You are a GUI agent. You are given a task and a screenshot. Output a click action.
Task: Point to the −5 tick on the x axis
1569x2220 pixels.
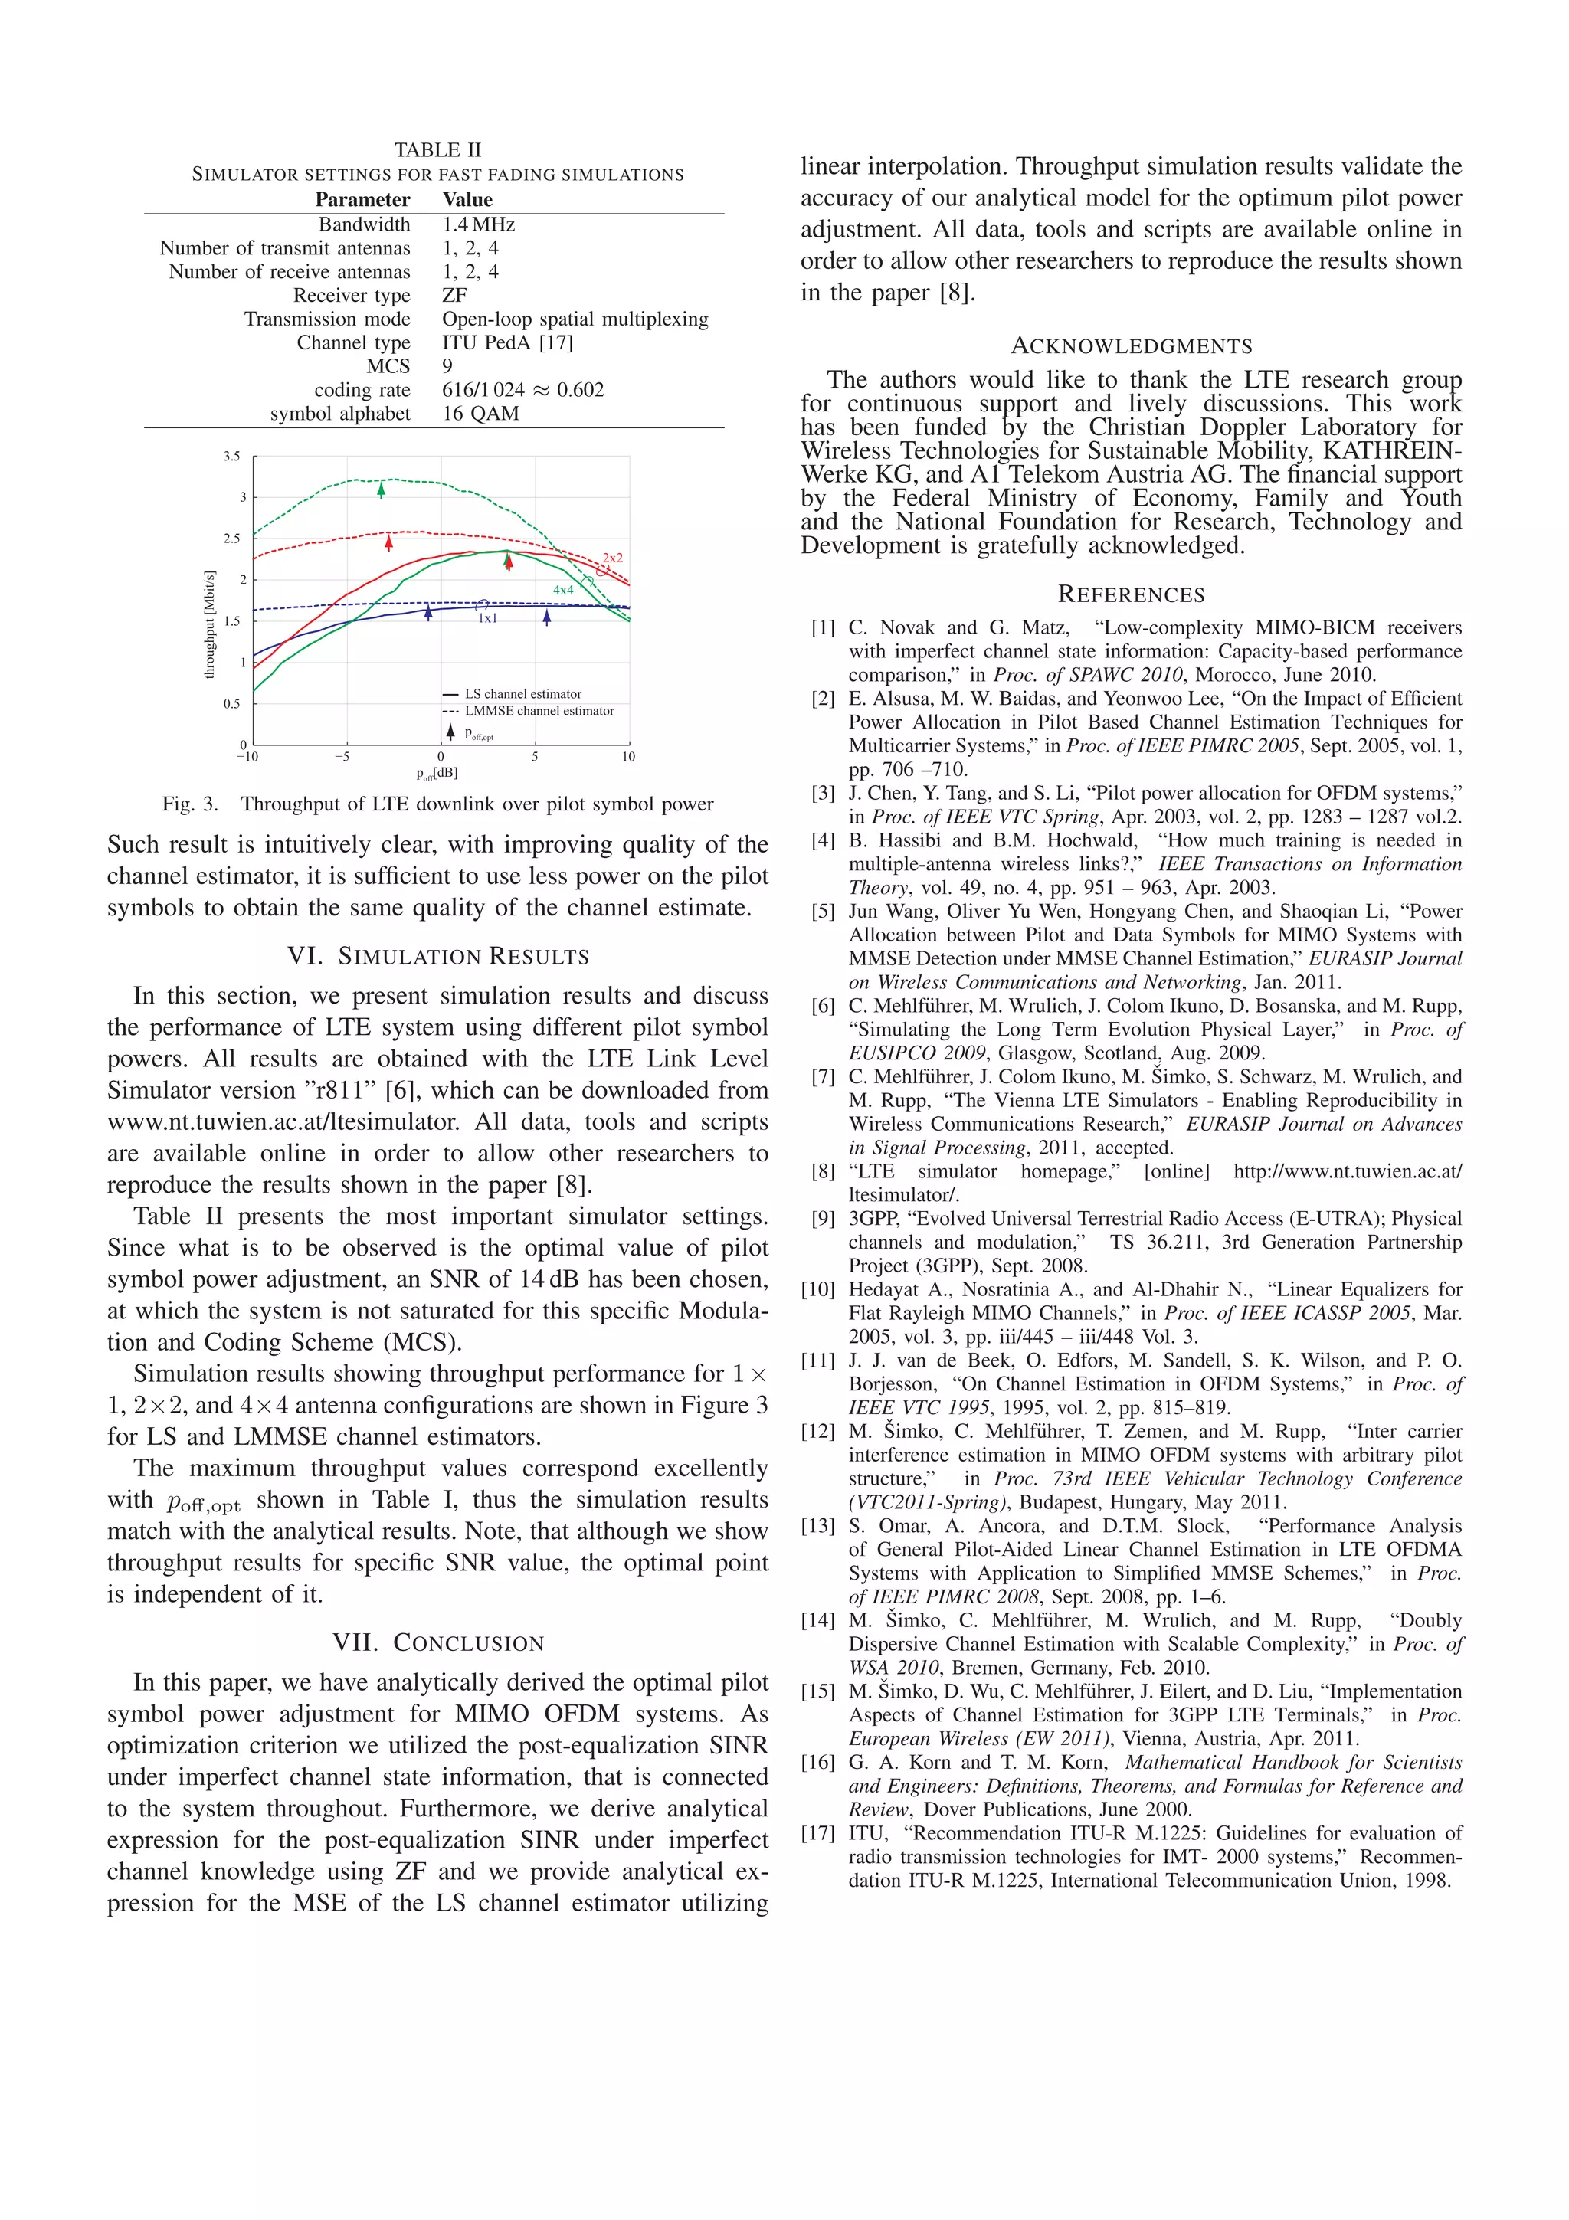[x=342, y=757]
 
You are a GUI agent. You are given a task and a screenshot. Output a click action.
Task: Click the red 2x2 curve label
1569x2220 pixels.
[x=613, y=558]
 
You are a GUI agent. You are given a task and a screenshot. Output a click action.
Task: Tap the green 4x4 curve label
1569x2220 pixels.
[x=562, y=590]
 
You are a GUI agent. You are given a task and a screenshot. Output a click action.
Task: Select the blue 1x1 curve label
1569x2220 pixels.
[x=487, y=619]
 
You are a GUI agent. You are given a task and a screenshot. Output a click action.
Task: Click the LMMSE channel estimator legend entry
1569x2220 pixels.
[x=539, y=711]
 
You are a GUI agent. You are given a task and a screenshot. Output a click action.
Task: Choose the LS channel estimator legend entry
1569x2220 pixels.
[x=522, y=694]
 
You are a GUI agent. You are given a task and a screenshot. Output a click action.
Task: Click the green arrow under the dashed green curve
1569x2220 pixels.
[x=381, y=490]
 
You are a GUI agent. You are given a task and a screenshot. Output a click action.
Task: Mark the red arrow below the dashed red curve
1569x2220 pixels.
[x=388, y=542]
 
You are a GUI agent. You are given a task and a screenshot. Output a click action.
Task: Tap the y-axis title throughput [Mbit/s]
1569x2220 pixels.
[x=210, y=624]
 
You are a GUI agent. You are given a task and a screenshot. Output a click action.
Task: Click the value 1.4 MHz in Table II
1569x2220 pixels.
[x=479, y=224]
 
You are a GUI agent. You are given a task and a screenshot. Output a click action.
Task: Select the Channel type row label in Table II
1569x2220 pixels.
[x=353, y=342]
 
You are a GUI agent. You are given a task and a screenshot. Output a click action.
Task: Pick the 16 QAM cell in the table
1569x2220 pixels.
[x=480, y=413]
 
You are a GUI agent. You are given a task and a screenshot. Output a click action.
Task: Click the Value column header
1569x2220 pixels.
[x=468, y=200]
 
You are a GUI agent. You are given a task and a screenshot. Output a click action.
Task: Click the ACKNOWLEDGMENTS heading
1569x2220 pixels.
[x=1131, y=346]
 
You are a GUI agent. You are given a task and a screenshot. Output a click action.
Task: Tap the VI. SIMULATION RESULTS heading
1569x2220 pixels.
[x=438, y=956]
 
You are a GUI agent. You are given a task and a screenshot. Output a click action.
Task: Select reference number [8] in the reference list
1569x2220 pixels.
[x=823, y=1172]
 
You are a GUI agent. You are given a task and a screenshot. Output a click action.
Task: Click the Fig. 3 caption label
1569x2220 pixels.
[x=191, y=804]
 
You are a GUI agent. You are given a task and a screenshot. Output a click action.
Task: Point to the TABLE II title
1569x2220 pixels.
[x=437, y=150]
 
